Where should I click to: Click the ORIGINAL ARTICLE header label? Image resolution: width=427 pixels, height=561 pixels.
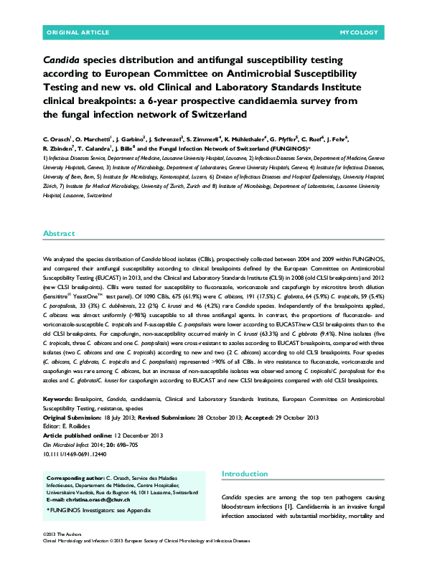[78, 33]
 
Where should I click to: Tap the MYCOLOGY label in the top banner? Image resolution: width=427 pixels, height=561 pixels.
[358, 33]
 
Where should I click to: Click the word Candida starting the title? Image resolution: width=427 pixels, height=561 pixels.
[65, 61]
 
